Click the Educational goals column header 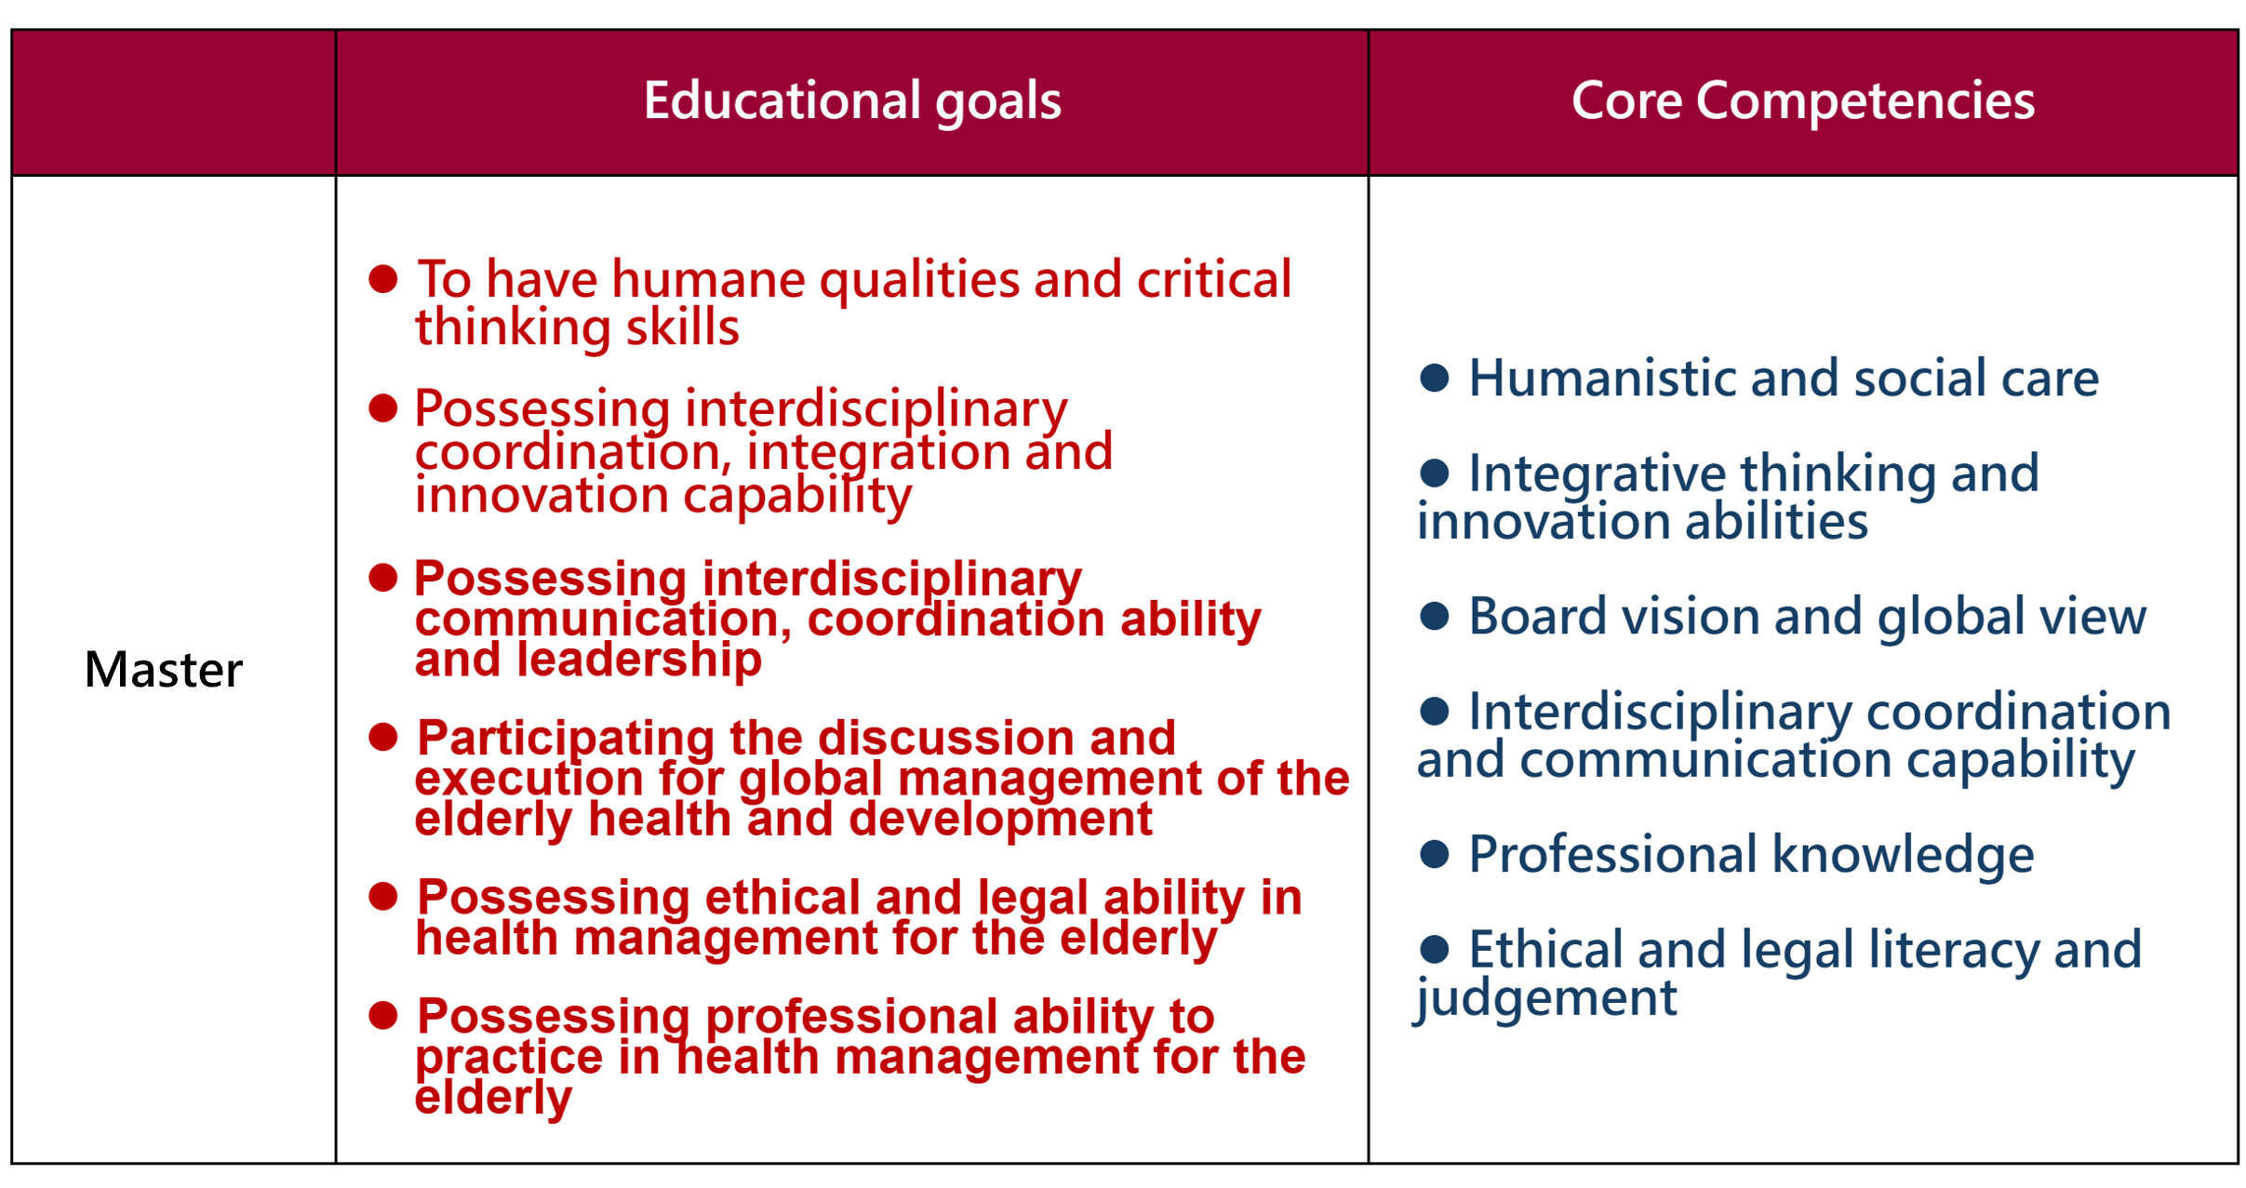click(x=852, y=100)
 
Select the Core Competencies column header click(x=1803, y=100)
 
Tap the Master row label click(x=164, y=669)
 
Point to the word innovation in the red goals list click(x=541, y=495)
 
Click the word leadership click(x=639, y=660)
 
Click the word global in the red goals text click(x=810, y=779)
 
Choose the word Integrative click(x=1598, y=474)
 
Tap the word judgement click(x=1546, y=998)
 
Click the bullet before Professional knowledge click(x=1435, y=854)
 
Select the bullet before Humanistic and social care click(x=1435, y=378)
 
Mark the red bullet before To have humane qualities click(x=383, y=278)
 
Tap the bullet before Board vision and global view click(x=1435, y=616)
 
